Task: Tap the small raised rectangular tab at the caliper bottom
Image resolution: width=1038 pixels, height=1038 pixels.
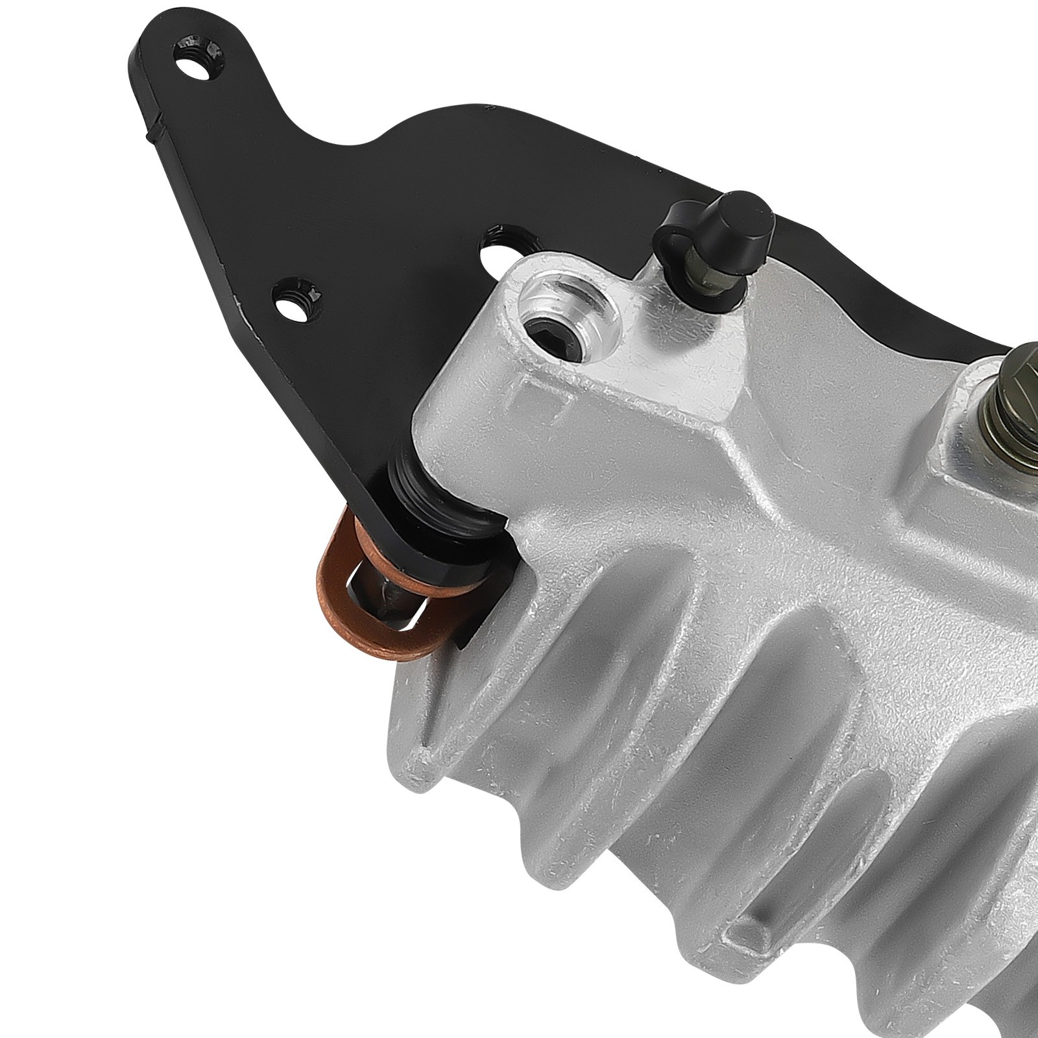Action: tap(746, 934)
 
